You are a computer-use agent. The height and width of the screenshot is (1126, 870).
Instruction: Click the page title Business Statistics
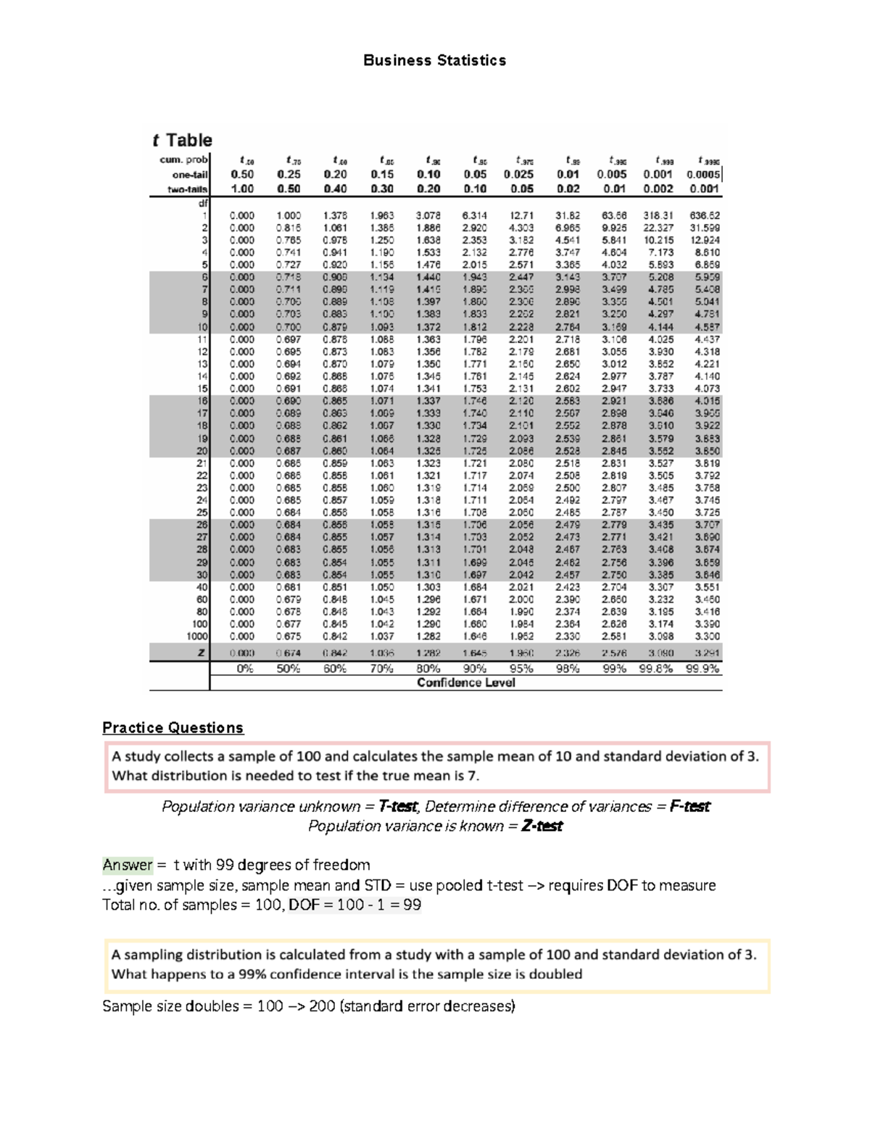point(434,60)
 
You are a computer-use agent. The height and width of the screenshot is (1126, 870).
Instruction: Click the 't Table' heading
point(182,140)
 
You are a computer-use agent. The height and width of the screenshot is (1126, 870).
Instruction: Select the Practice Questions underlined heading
point(173,727)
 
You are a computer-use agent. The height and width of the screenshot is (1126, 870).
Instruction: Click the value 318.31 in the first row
point(658,215)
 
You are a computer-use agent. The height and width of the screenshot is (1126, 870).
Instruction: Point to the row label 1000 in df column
point(197,636)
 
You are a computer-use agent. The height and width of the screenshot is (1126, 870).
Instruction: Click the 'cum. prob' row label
point(184,160)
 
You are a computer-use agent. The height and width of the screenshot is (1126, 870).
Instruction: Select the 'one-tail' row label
point(190,175)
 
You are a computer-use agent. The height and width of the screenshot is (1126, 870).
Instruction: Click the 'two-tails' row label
point(188,189)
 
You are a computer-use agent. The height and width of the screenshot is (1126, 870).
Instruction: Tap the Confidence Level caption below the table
point(465,682)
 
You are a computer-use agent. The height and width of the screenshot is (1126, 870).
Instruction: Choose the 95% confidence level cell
point(521,668)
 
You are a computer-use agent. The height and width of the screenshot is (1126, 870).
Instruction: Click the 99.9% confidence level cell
point(703,668)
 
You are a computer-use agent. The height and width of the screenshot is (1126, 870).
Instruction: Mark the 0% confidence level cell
point(245,668)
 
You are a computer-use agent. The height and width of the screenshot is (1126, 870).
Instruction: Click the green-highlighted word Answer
point(128,864)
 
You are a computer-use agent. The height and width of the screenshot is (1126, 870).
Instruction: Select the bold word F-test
point(689,806)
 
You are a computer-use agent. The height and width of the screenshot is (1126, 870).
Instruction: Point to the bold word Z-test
point(542,826)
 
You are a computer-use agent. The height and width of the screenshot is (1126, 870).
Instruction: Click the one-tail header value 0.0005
point(703,174)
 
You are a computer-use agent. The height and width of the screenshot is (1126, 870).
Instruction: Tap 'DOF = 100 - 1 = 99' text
point(355,904)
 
